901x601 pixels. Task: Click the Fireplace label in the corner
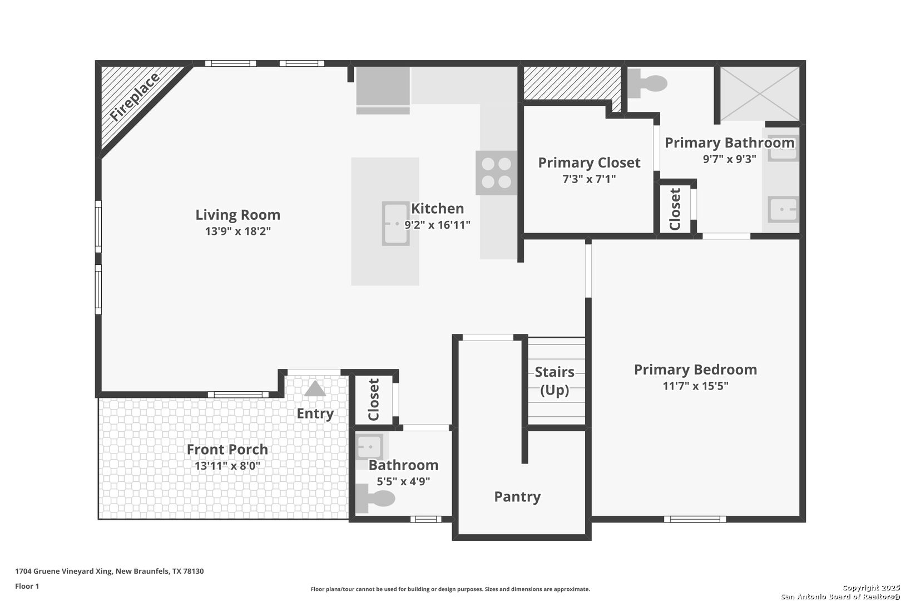(x=135, y=97)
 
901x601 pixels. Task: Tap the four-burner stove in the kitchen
(x=496, y=173)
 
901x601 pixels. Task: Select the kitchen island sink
(x=396, y=224)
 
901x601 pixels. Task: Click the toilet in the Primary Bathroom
(x=647, y=83)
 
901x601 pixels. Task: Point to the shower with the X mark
(x=759, y=94)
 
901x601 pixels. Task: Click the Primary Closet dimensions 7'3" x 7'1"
(x=589, y=179)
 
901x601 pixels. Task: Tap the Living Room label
(x=237, y=215)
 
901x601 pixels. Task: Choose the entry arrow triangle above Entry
(x=315, y=388)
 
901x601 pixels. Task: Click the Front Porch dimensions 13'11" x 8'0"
(x=227, y=466)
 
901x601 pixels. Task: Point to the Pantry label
(x=517, y=497)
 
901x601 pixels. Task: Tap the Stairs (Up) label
(x=555, y=381)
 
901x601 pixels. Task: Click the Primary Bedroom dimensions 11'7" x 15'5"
(x=695, y=386)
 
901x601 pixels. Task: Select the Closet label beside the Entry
(x=374, y=400)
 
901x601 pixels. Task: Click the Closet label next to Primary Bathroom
(x=675, y=209)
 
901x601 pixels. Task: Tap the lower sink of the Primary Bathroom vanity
(x=783, y=209)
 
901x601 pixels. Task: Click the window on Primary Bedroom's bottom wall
(x=695, y=519)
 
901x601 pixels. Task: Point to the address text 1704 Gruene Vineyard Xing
(x=65, y=571)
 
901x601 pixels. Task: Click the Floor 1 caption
(x=27, y=586)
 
